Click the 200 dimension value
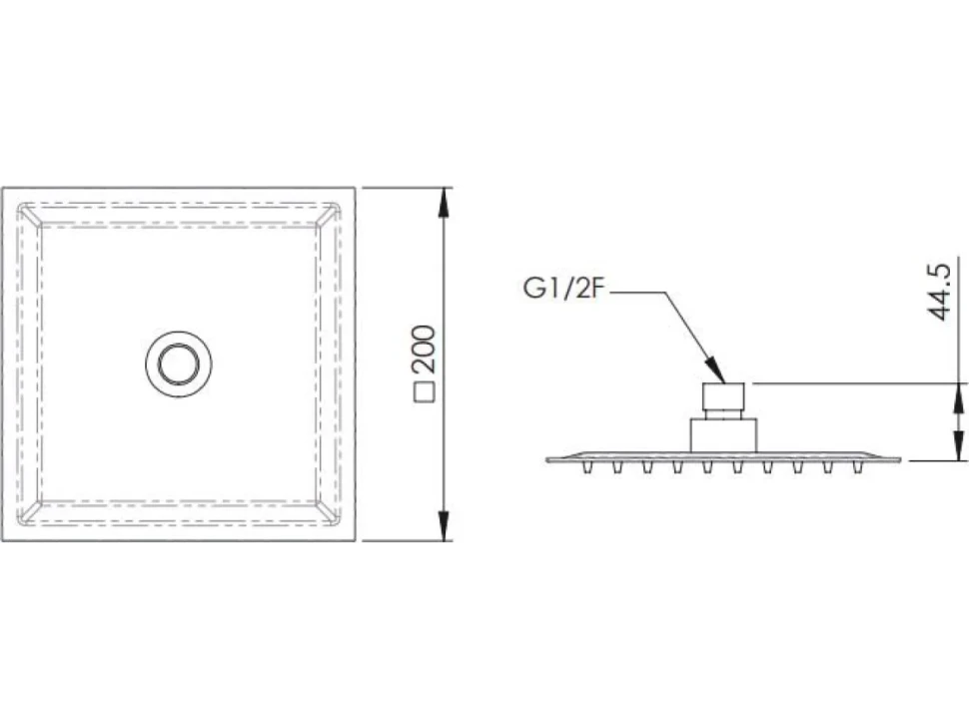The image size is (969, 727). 427,349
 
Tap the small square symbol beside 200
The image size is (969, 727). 426,392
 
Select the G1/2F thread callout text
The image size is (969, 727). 561,289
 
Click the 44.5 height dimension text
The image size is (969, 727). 939,292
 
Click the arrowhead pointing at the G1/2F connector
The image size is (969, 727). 714,369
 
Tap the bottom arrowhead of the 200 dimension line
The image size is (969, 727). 444,525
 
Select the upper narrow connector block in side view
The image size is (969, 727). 723,400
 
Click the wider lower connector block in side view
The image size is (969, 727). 723,434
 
